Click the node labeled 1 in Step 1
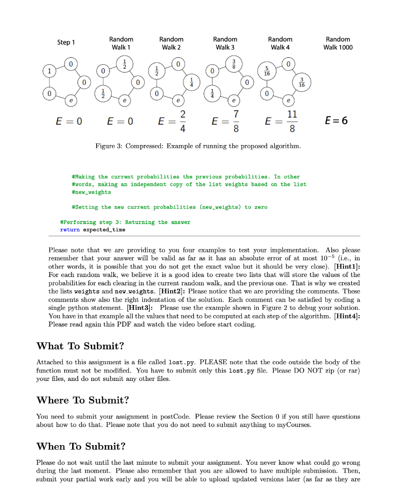pos(49,71)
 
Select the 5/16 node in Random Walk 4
pos(267,71)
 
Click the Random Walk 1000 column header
pos(338,43)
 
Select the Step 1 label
pos(66,42)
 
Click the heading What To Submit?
pos(80,346)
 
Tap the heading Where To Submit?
pos(82,400)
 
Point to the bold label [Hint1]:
pos(346,267)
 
